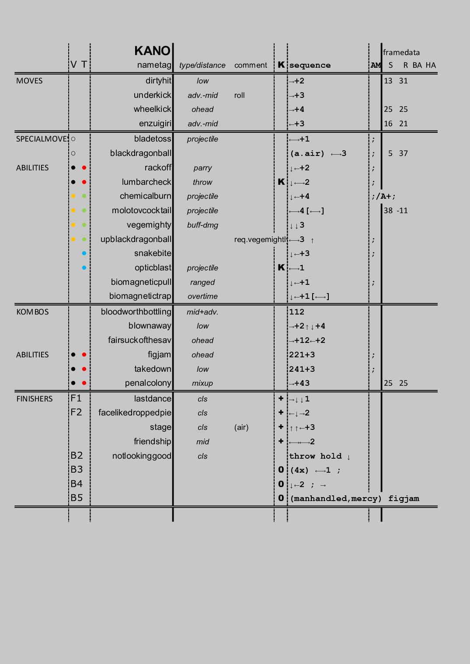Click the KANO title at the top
coord(152,51)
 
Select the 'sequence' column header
coord(310,66)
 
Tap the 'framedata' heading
coord(401,52)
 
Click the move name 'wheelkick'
coord(153,109)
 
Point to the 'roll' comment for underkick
coord(239,95)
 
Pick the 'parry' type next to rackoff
coord(202,168)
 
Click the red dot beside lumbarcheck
coord(84,182)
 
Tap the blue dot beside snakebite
coord(84,253)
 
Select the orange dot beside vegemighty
coord(73,225)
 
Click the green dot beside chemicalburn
coord(84,196)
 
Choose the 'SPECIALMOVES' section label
coord(42,139)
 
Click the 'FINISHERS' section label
coord(34,399)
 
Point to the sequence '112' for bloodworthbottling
coord(296,312)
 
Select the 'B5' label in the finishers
coord(77,498)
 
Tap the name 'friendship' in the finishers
coord(153,442)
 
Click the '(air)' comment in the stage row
coord(241,427)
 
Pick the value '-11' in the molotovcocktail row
coord(402,211)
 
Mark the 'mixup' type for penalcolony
coord(202,383)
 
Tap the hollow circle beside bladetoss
coord(73,139)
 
